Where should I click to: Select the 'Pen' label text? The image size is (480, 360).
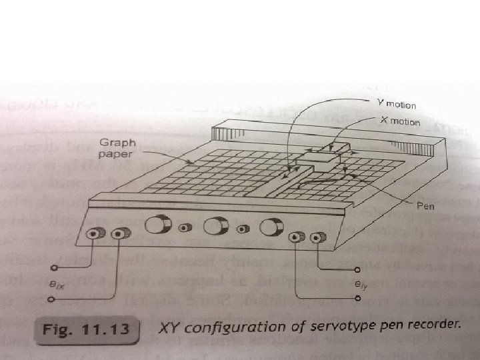[x=424, y=207]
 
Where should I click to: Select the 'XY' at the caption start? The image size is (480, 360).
[x=169, y=329]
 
